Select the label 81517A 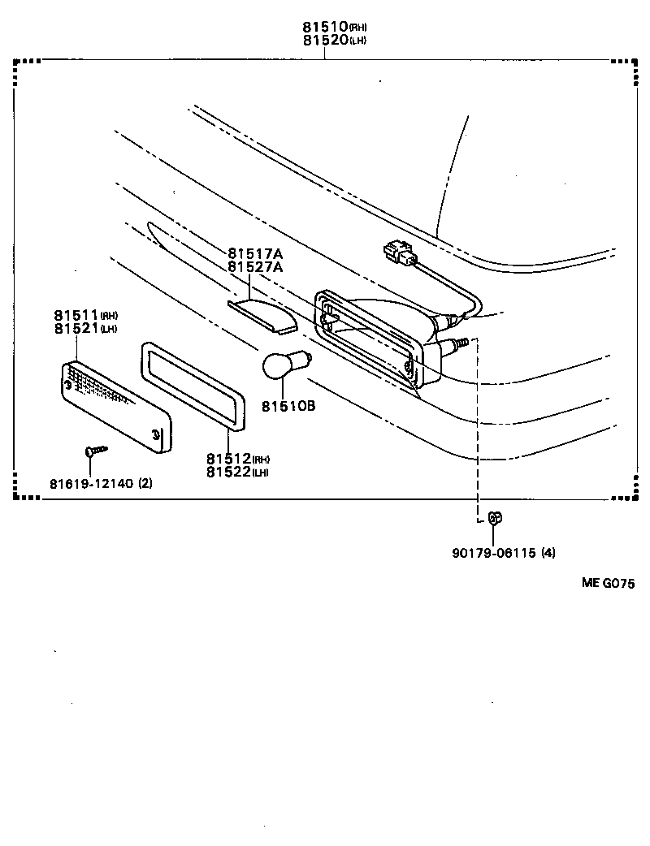click(x=255, y=253)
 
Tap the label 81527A click(x=255, y=266)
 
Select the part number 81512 click(x=228, y=459)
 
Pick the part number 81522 click(x=228, y=472)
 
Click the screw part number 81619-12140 click(x=89, y=484)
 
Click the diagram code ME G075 click(x=607, y=583)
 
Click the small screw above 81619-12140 click(x=94, y=449)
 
